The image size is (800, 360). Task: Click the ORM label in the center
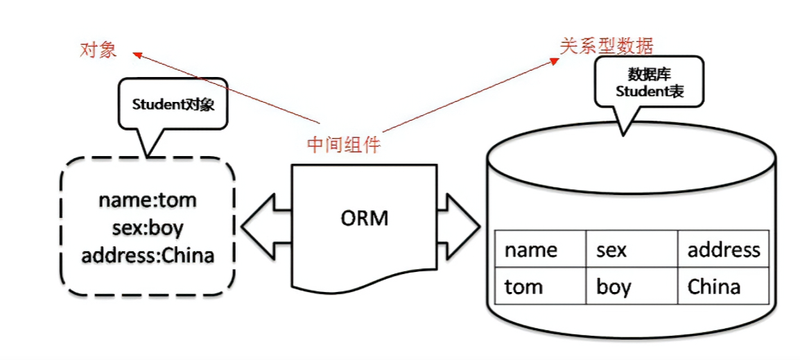pyautogui.click(x=365, y=218)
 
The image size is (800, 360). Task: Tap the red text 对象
pyautogui.click(x=98, y=50)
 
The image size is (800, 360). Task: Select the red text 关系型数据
pyautogui.click(x=606, y=46)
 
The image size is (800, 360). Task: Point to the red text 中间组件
pyautogui.click(x=344, y=144)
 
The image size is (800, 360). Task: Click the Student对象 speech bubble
pyautogui.click(x=173, y=105)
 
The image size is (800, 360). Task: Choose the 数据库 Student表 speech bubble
pyautogui.click(x=649, y=83)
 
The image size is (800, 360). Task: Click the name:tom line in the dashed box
pyautogui.click(x=147, y=200)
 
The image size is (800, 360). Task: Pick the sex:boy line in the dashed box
pyautogui.click(x=147, y=228)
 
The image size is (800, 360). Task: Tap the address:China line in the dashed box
pyautogui.click(x=147, y=255)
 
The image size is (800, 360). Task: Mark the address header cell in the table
pyautogui.click(x=723, y=249)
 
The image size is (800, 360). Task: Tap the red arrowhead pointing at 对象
pyautogui.click(x=137, y=54)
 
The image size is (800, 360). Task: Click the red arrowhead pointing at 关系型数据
pyautogui.click(x=554, y=60)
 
